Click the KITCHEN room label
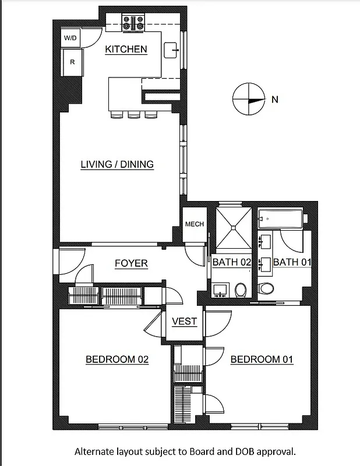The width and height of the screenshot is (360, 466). point(126,50)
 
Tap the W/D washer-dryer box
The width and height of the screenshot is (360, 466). point(70,38)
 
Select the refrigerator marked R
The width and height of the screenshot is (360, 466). point(72,61)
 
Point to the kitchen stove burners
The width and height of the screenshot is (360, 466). point(133,24)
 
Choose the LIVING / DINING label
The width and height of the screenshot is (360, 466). point(117,164)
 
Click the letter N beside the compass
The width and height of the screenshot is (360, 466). point(275,100)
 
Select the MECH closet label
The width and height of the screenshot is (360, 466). point(194,224)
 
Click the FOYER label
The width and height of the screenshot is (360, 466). point(131,263)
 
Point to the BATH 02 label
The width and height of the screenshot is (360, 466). point(231,262)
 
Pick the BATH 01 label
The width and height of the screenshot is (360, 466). point(292,262)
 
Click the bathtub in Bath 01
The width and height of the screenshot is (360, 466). point(281,218)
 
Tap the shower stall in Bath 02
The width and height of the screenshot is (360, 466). point(234,228)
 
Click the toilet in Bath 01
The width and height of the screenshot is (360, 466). point(266,287)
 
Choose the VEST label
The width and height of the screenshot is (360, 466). point(185,322)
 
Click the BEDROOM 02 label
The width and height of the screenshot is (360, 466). point(117,359)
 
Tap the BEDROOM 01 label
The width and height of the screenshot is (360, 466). point(262,359)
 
